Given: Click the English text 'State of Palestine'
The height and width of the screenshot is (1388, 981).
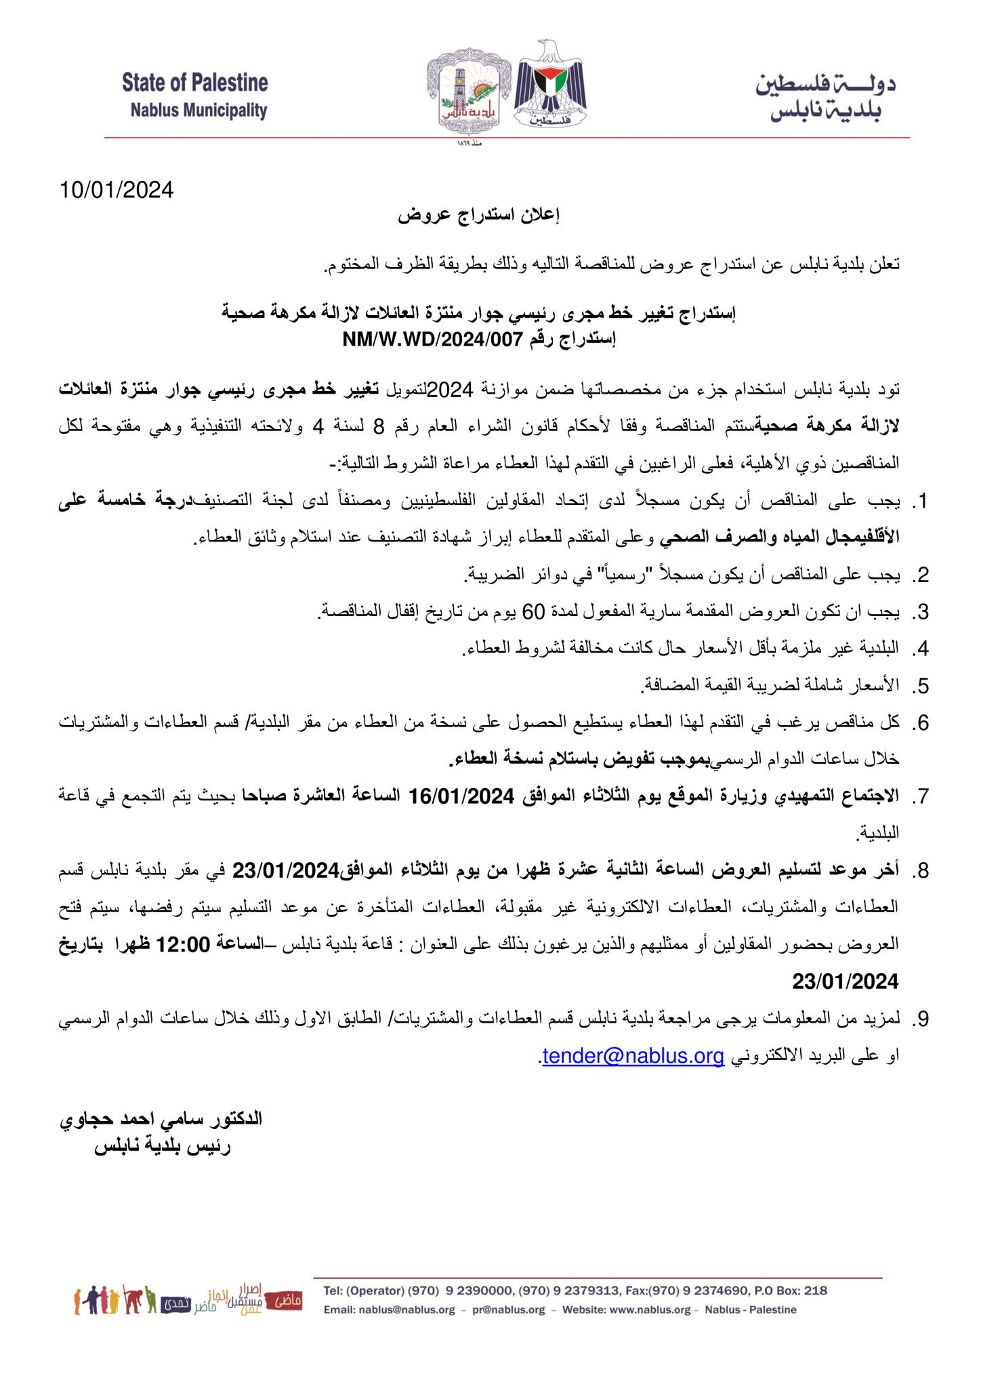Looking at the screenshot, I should point(195,83).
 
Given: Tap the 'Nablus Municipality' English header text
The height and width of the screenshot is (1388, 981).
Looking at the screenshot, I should point(199,110).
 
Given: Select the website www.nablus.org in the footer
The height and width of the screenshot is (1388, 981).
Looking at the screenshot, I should point(650,1310).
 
